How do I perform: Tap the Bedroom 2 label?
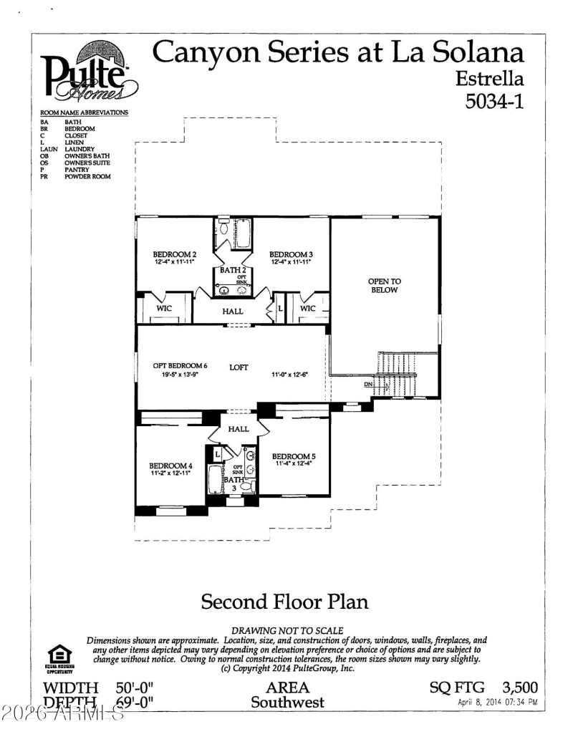tap(174, 254)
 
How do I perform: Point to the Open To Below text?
tap(384, 286)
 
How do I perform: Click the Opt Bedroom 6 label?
tap(170, 366)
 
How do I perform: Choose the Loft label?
tap(239, 367)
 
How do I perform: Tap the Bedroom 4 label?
tap(170, 466)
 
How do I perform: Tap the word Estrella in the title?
tap(491, 77)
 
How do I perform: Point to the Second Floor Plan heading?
tap(284, 601)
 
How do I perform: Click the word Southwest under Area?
tap(287, 702)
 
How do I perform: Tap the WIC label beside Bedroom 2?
tap(164, 309)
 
